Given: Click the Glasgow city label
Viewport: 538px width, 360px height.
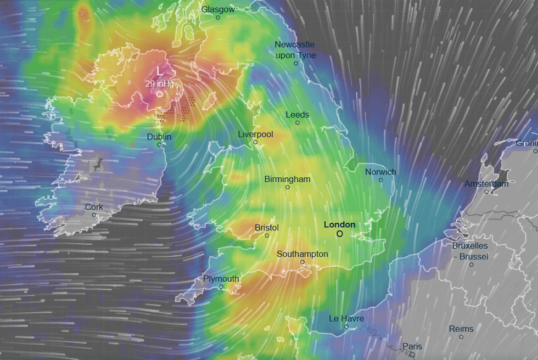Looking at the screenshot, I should point(218,9).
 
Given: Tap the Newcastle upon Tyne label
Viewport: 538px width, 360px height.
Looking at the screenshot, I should point(295,50).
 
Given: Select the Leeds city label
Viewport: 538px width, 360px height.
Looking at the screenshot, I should point(298,115).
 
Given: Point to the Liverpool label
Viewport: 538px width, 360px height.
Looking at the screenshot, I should point(255,134).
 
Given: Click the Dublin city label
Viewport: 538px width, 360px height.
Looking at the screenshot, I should point(159,137).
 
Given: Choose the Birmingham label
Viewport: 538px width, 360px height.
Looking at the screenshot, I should point(287,179).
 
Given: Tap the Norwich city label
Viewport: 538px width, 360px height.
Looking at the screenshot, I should point(380,172).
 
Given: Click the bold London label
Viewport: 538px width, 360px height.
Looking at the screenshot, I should point(339,224).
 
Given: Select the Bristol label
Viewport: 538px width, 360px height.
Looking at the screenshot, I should point(267,228).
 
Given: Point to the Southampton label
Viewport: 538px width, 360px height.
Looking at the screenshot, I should point(302,254).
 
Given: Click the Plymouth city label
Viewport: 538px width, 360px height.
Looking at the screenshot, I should point(221,279).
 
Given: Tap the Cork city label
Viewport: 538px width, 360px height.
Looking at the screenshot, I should point(94,207).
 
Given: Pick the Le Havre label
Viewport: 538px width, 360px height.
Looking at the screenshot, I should point(346,318).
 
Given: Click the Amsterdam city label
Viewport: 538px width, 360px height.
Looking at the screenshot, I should point(486,184).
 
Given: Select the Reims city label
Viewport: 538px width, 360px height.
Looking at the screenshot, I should point(461,329).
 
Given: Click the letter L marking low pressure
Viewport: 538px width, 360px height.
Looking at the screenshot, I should point(160,71).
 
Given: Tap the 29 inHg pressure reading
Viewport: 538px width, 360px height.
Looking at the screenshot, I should point(159,84).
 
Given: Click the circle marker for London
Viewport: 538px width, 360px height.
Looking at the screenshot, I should point(339,234).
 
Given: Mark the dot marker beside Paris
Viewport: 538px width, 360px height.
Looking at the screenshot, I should point(412,355).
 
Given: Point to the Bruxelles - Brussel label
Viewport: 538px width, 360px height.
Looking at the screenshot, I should point(470,251).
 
